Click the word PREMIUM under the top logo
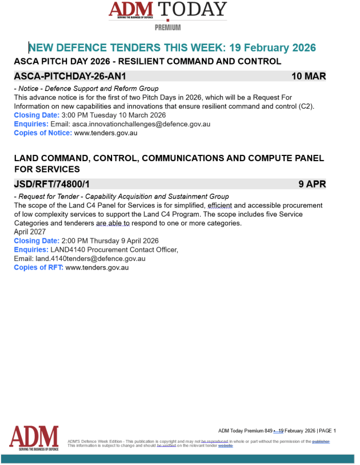point(167,27)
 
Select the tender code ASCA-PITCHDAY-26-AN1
point(70,76)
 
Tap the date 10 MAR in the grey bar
point(309,76)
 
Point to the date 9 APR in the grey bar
point(312,184)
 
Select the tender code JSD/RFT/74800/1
point(52,184)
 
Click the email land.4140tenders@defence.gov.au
point(90,258)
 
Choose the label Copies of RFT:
point(39,267)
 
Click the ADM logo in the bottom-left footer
point(34,438)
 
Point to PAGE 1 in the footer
point(327,431)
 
